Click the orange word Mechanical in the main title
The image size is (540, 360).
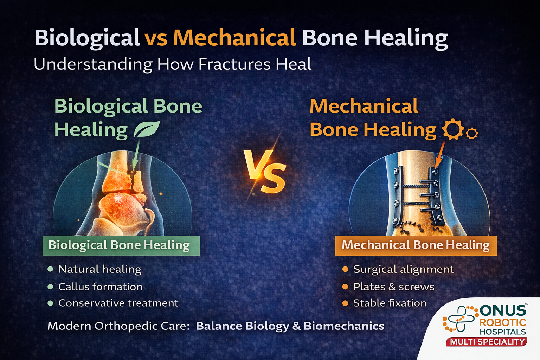point(234,38)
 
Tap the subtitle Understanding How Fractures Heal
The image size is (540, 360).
point(173,64)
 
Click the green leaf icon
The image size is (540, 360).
point(147,129)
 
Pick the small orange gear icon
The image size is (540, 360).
point(472,133)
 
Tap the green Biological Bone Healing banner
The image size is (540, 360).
point(121,245)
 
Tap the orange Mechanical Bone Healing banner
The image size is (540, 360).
point(416,245)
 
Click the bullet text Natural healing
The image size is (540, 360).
point(100,269)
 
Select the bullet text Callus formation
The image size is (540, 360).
point(101,287)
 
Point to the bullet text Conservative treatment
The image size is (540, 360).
point(118,303)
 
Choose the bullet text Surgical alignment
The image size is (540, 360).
point(404,269)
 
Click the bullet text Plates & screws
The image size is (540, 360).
point(394,287)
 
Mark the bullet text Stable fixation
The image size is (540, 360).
point(390,303)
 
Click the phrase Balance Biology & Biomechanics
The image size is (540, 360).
point(290,326)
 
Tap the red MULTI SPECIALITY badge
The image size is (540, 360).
point(487,342)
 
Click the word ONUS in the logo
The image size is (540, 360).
point(503,311)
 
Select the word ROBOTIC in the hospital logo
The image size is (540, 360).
point(503,322)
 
